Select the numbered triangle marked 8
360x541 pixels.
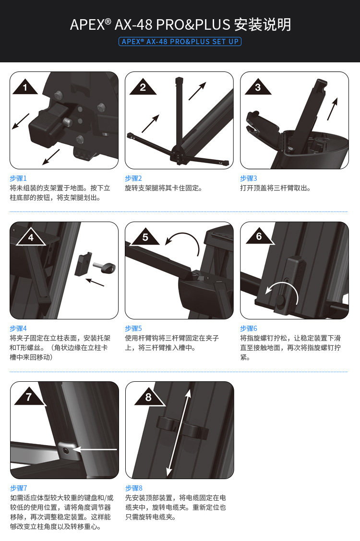(x=148, y=397)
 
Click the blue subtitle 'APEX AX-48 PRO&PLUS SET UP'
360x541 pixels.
(x=180, y=42)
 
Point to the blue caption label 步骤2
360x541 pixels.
(x=133, y=178)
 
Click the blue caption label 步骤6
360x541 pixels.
(x=249, y=328)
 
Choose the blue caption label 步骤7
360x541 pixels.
(x=19, y=488)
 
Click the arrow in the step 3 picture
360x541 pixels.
(x=332, y=109)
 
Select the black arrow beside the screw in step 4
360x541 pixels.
(x=94, y=282)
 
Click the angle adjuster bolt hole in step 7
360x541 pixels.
(x=66, y=449)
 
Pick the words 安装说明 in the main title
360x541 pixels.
(x=262, y=24)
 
